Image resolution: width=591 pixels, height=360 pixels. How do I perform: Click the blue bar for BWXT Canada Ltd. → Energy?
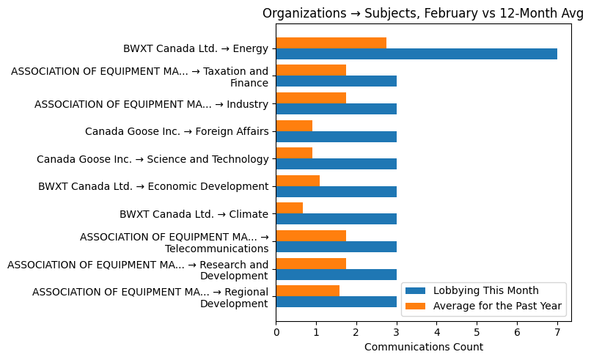416,54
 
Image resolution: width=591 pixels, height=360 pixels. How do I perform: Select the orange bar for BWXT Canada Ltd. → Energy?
331,43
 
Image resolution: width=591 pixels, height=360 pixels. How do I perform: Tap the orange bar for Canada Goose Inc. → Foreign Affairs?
294,126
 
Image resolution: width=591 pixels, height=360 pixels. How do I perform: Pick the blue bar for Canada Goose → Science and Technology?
337,164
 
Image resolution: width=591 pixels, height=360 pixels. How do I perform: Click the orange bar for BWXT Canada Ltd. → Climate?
290,208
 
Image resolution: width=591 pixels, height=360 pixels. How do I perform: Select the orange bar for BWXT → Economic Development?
298,181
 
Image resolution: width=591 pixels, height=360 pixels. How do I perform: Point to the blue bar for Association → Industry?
337,109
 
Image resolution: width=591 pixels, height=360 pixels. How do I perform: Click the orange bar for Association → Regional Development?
308,291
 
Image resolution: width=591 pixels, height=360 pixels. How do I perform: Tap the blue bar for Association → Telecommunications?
337,247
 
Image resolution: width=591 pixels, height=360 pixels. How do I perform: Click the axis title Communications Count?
423,347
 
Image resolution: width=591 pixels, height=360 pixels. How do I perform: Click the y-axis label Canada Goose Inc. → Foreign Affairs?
177,132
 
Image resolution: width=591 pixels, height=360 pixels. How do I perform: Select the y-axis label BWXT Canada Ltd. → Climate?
194,214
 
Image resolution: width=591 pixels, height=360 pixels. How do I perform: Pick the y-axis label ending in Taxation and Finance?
140,77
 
